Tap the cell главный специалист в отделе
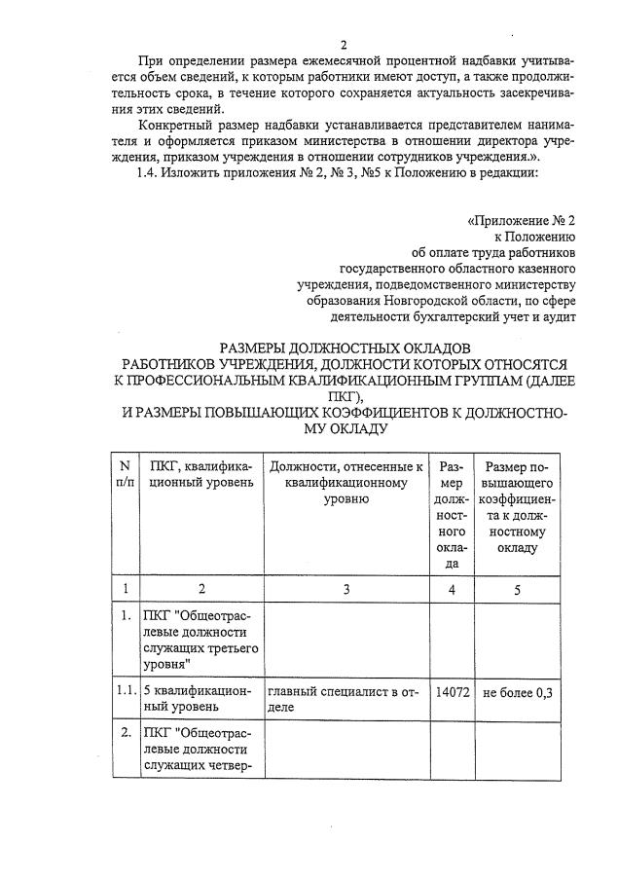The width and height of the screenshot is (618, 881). click(345, 699)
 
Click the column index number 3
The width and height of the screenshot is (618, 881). click(345, 589)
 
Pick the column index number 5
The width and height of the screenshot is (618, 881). click(518, 589)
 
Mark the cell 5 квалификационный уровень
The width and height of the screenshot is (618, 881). click(200, 699)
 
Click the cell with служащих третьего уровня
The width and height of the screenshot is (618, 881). click(200, 640)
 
